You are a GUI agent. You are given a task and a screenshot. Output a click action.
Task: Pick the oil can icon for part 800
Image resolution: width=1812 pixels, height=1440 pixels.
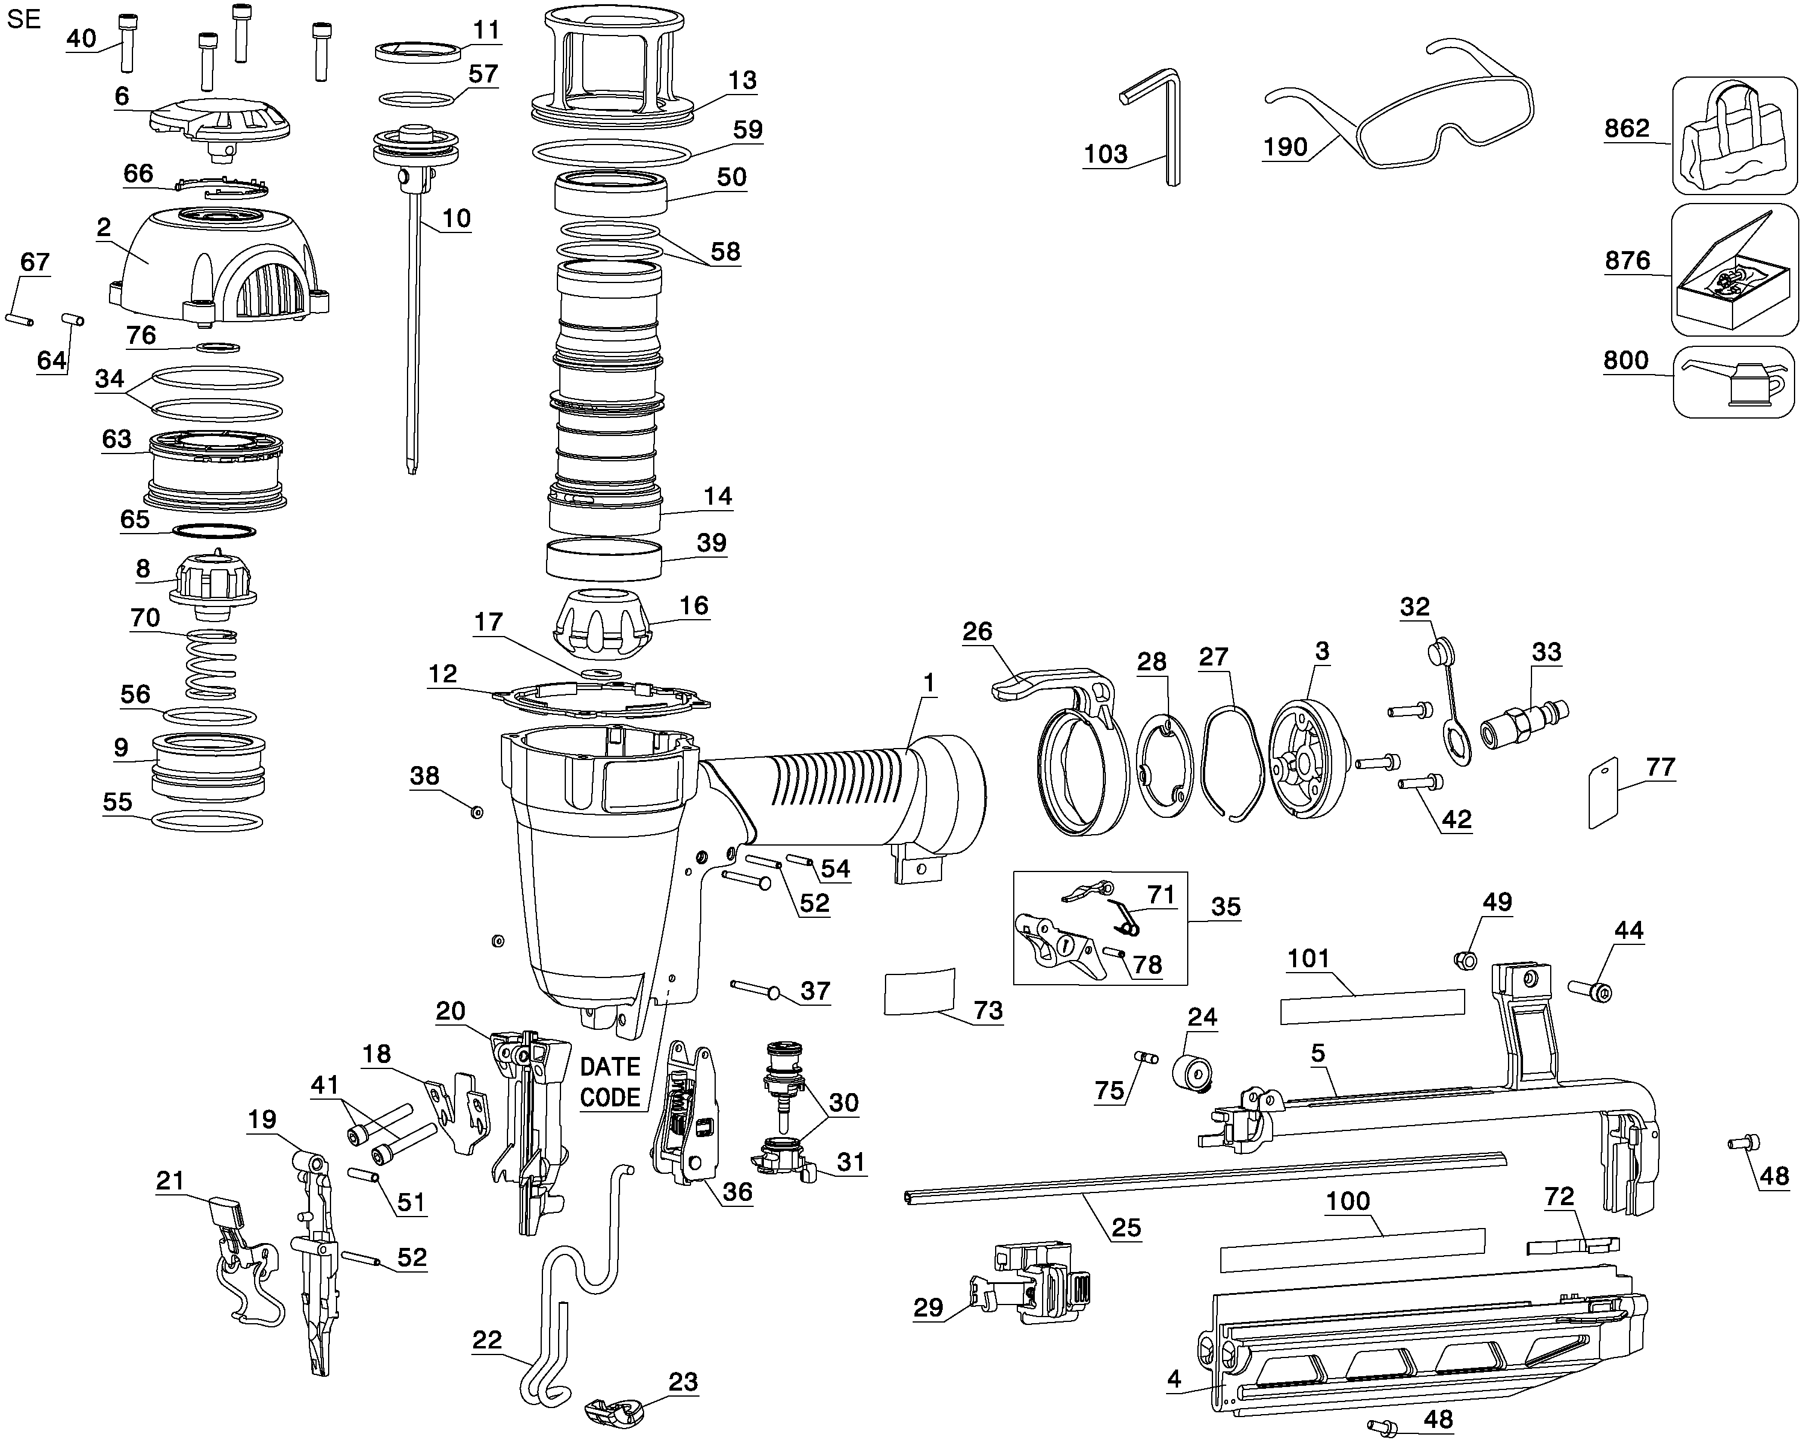click(1733, 382)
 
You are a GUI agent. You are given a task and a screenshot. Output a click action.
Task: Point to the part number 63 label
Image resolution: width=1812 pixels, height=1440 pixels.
click(117, 439)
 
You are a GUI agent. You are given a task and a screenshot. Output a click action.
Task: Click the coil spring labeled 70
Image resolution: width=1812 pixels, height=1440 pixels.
click(210, 664)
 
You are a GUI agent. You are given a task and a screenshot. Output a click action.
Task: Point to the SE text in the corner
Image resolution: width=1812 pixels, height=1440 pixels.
click(23, 19)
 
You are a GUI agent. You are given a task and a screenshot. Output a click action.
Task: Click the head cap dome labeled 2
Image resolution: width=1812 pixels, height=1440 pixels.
click(219, 265)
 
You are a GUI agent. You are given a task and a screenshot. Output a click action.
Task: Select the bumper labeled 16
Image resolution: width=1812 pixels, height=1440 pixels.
click(603, 622)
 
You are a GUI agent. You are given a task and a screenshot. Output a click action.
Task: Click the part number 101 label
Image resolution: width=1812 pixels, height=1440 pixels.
click(1309, 958)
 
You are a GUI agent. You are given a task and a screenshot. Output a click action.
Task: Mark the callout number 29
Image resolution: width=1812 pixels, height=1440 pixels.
click(929, 1307)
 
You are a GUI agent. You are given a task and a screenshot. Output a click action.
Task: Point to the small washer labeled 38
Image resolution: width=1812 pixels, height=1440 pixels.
click(477, 812)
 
